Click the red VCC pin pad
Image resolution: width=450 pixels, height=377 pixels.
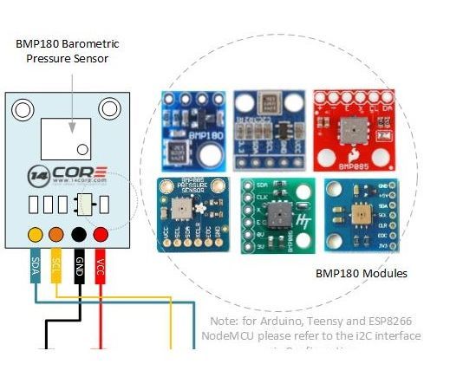tap(101, 235)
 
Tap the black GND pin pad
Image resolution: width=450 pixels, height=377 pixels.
tap(79, 235)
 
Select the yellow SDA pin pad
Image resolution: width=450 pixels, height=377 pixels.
tap(36, 235)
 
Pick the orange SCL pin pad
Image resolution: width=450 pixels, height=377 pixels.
tap(57, 235)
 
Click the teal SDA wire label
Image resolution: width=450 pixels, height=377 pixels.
tap(36, 264)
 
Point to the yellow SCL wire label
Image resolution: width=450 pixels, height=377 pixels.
tap(57, 264)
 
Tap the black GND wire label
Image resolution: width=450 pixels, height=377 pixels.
tap(79, 264)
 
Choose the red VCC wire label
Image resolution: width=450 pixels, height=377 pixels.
tap(101, 264)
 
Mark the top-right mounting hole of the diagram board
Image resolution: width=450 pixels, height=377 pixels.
tap(109, 108)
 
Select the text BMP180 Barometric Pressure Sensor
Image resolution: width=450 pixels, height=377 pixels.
tap(67, 49)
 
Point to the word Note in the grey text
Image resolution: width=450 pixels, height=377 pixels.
tap(222, 319)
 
